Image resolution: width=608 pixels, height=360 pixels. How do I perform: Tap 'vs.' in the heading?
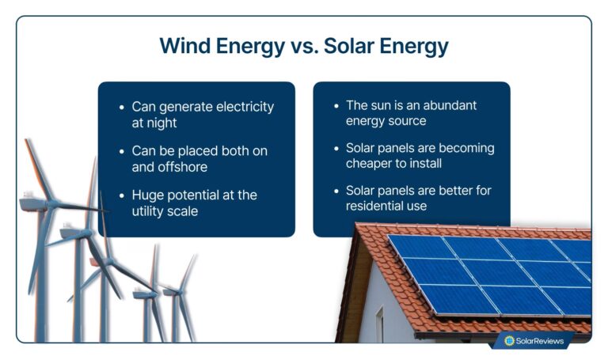294,46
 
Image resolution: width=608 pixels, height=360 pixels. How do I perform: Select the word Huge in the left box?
148,194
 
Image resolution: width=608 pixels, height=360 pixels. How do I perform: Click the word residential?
376,207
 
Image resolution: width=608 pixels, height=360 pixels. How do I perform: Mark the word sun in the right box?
383,105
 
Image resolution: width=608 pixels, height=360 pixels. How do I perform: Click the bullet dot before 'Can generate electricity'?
120,107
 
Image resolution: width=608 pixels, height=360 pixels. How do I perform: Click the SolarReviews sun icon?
510,341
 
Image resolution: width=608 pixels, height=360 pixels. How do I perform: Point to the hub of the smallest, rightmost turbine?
169,290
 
